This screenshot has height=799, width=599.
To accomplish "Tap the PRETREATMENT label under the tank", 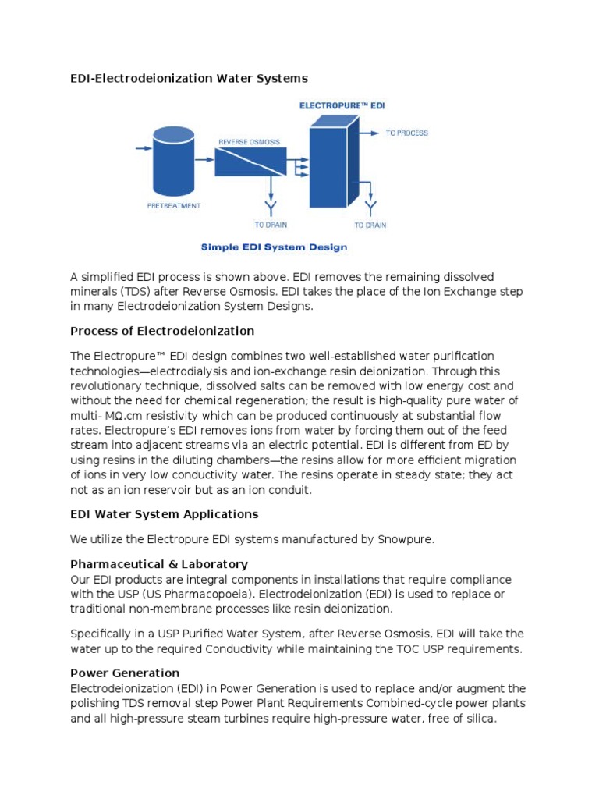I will coord(174,206).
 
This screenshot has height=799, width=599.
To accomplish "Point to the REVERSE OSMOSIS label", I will coord(249,143).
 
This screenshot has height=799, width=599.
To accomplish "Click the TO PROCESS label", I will coord(407,133).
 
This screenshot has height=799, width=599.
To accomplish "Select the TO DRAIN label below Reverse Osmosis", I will coord(271,225).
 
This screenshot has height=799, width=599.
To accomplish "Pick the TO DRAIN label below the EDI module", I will coord(370,225).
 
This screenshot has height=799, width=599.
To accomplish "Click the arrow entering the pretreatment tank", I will coord(144,147).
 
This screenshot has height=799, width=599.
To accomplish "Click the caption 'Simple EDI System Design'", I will coord(274,247).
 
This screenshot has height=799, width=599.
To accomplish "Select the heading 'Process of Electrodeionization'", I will coord(162,331).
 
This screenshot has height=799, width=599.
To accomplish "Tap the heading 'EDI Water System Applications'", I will coord(164,514).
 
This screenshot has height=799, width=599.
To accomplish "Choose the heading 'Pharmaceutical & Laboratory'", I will coord(159,563).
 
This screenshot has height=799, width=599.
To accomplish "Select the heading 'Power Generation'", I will coord(125,673).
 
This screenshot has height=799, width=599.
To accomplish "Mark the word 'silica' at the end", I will coord(477,719).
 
